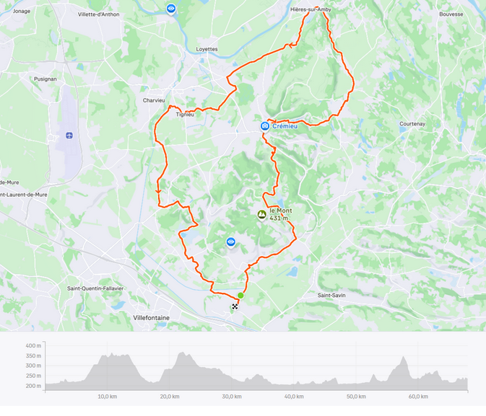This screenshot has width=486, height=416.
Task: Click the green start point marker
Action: (240, 296)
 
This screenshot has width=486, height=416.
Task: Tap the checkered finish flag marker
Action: (235, 307)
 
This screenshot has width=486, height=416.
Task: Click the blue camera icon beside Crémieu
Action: (265, 126)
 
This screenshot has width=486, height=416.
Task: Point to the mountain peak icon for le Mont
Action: (261, 214)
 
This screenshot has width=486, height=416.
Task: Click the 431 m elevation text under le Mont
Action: (279, 218)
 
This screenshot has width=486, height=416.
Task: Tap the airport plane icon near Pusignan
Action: (69, 135)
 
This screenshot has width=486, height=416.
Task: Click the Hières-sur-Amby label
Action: (311, 9)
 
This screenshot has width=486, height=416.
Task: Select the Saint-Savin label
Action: (334, 295)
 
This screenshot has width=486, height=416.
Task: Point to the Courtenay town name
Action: (412, 123)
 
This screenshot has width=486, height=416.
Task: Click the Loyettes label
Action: (207, 49)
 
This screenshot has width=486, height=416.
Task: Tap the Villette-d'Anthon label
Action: (99, 14)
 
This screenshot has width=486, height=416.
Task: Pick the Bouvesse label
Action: (451, 14)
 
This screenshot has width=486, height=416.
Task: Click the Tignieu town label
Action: (185, 114)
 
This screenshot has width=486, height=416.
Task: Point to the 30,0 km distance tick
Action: (231, 397)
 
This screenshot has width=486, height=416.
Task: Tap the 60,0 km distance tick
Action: (417, 397)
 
